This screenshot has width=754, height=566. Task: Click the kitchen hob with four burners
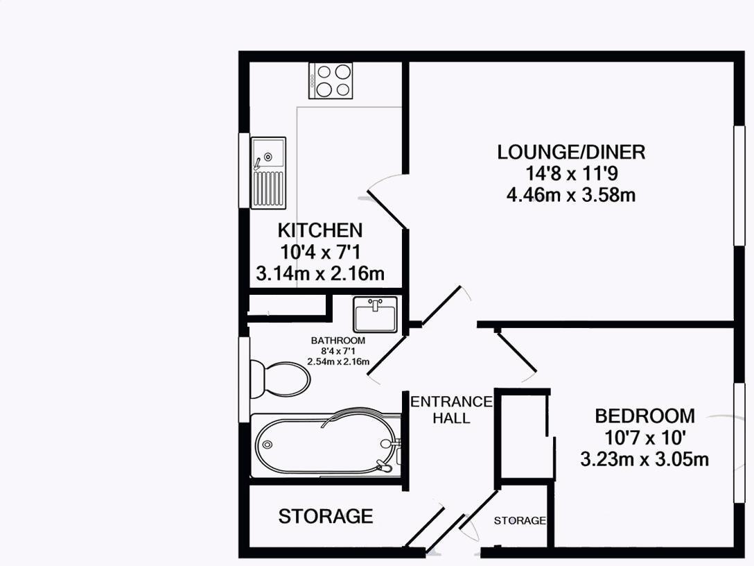pos(331,80)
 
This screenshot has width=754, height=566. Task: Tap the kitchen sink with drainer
pos(268,172)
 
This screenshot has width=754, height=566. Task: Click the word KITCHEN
pos(319,230)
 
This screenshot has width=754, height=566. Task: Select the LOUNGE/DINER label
pos(571,152)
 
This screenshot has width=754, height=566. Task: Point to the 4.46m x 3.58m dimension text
pos(571,195)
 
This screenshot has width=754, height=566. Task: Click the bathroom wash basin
pos(375,314)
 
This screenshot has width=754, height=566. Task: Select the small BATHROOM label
pos(337,341)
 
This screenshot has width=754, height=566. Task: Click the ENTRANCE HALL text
pos(451,409)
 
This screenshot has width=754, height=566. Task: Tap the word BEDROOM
pos(645,416)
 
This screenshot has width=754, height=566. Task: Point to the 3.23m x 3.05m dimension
pos(645,459)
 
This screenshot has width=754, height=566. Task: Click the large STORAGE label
pos(326,516)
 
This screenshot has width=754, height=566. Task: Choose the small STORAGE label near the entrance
pos(520,521)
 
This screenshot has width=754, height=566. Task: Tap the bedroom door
pos(516,356)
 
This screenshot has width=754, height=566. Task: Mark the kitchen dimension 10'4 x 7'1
pos(319,252)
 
